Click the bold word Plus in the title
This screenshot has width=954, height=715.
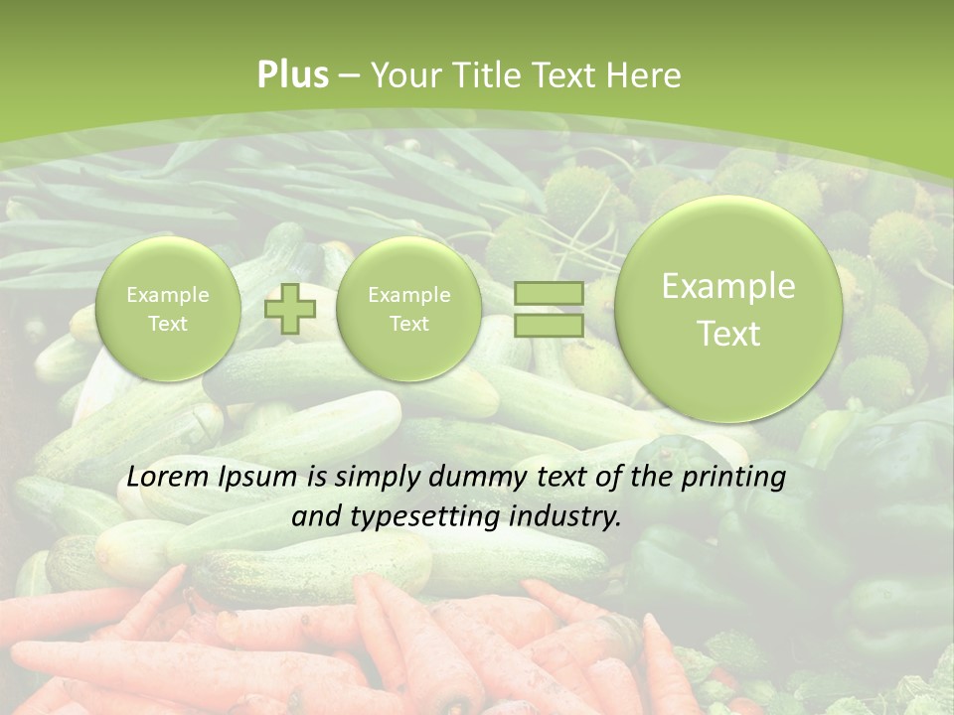click(293, 75)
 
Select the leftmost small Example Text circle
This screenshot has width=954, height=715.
click(167, 309)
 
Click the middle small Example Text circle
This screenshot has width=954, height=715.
click(408, 309)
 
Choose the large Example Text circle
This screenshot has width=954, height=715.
click(728, 309)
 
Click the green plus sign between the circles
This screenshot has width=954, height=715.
click(290, 309)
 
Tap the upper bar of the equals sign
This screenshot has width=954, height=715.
click(548, 293)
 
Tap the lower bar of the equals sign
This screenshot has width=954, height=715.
click(548, 325)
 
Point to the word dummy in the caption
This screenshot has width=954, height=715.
click(467, 478)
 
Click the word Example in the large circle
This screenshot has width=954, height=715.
click(728, 287)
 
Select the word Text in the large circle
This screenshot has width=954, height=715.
click(728, 334)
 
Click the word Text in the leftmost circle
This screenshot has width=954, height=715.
click(167, 324)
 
